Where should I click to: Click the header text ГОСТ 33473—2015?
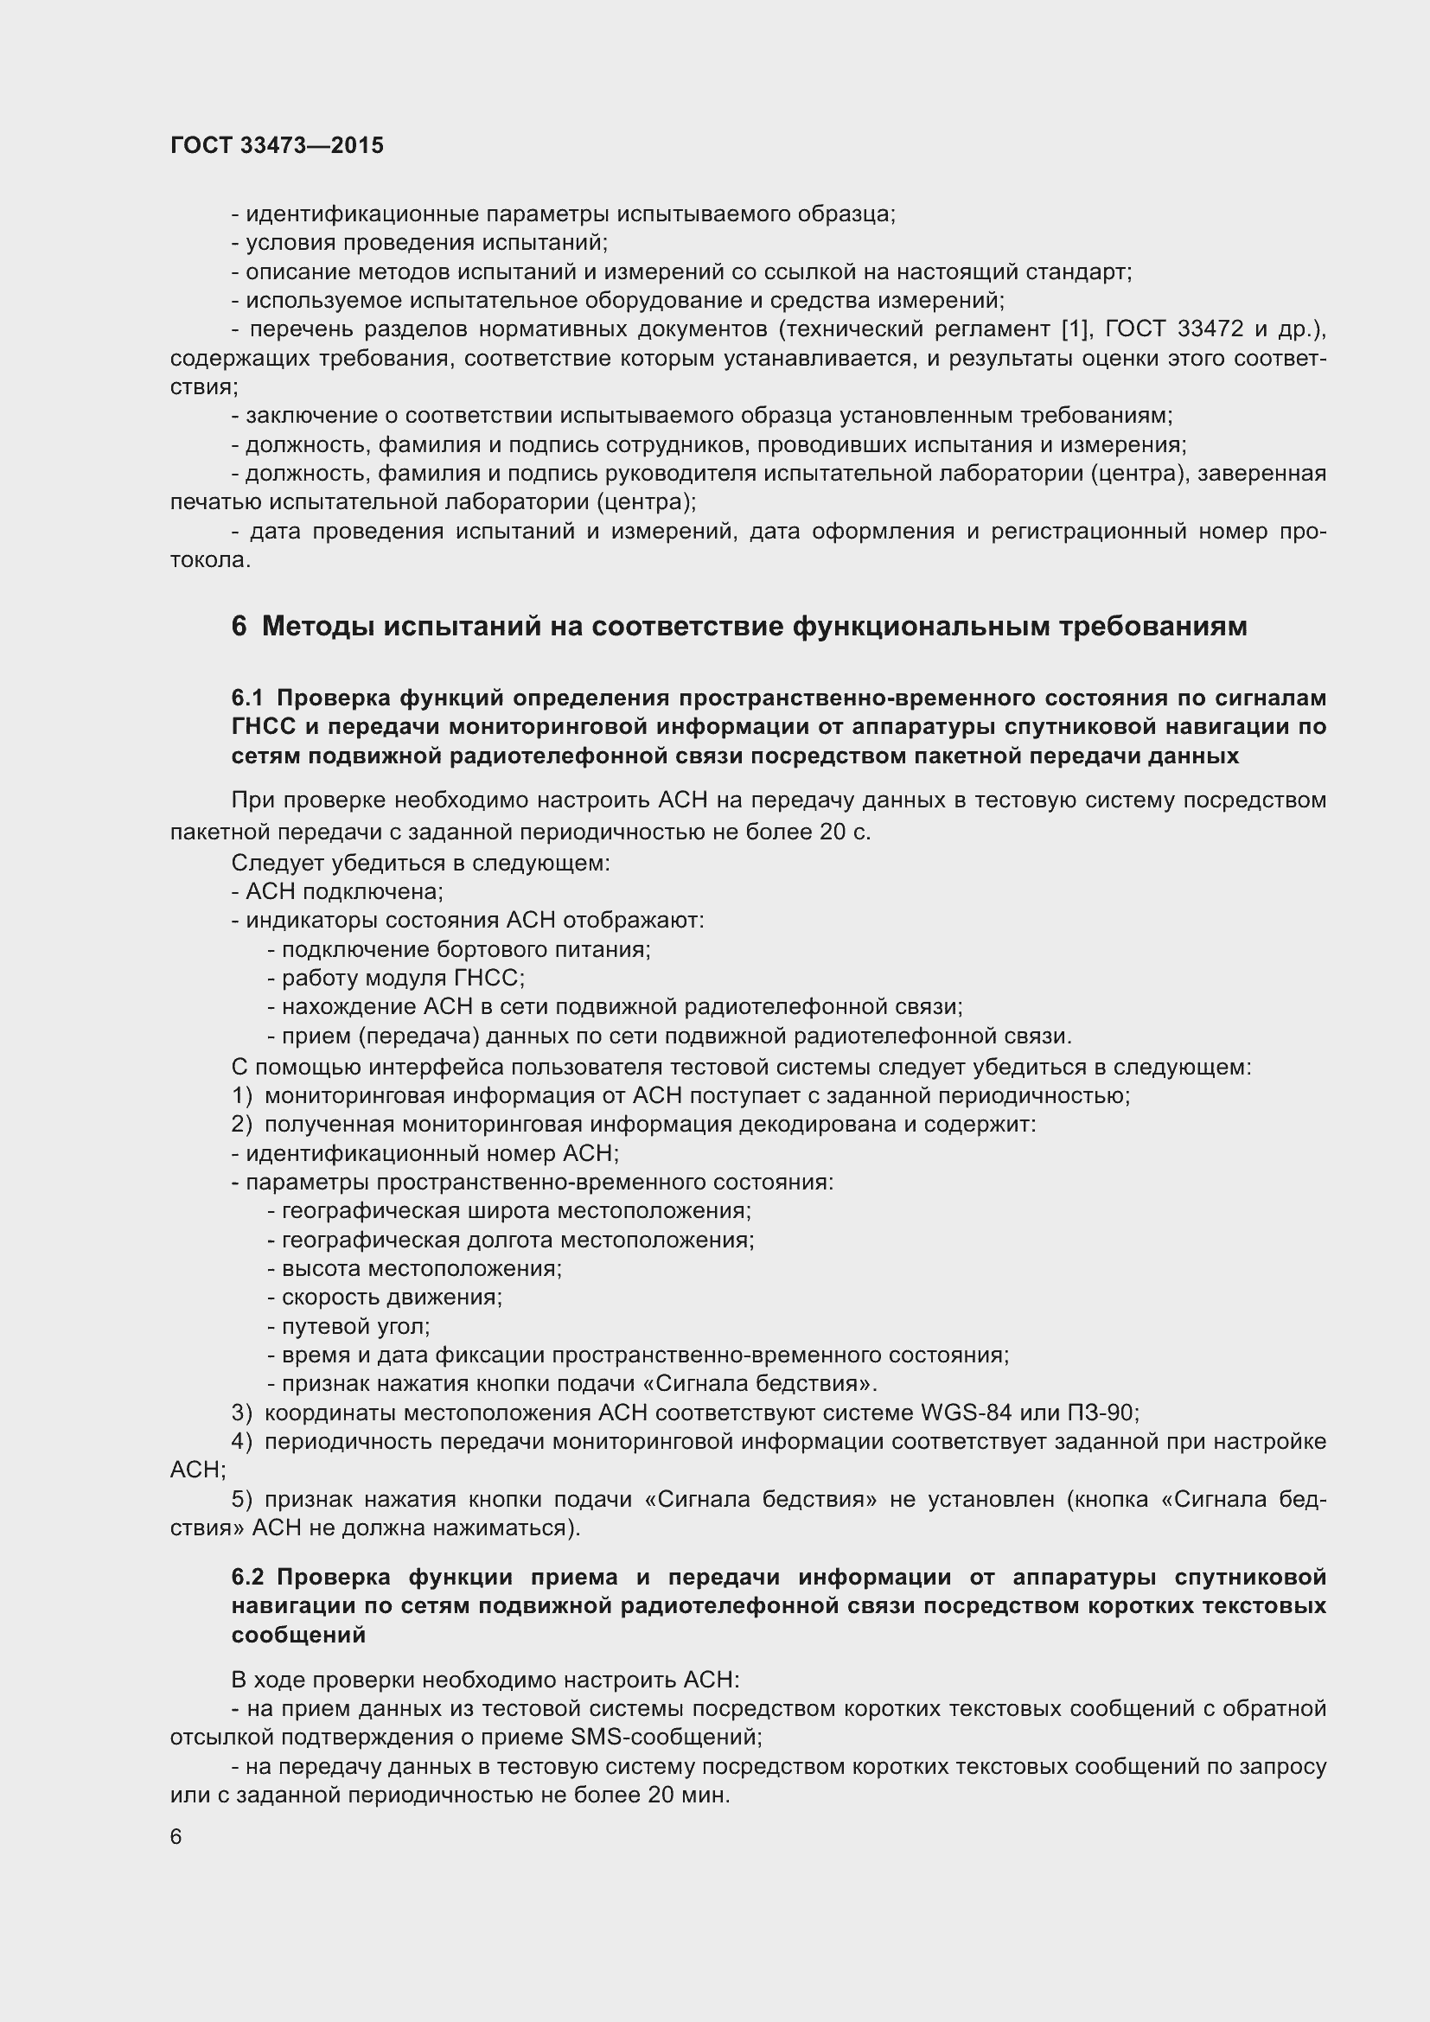coord(277,145)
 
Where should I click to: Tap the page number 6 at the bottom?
coord(176,1836)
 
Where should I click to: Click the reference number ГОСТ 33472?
coord(1174,329)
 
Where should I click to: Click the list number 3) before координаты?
coord(242,1413)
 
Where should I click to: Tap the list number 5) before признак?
coord(242,1499)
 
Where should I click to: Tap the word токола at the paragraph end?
coord(209,560)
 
